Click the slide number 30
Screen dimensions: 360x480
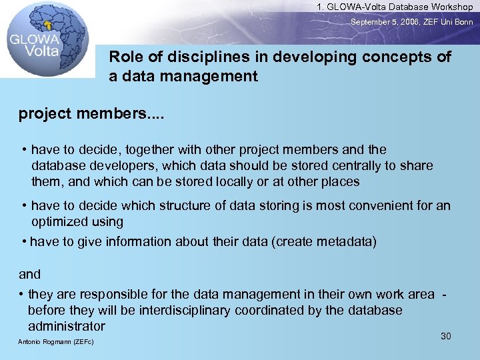click(446, 336)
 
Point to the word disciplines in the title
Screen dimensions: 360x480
click(191, 57)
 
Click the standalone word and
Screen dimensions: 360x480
click(29, 274)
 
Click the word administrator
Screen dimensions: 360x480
click(67, 326)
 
